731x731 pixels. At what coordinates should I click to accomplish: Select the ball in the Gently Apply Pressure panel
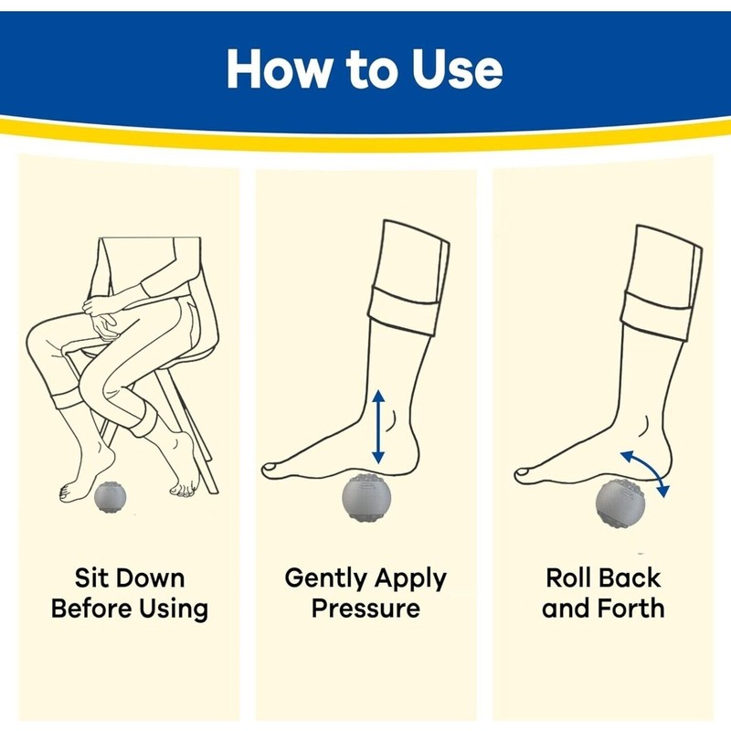(366, 500)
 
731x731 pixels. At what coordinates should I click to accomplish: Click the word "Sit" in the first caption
(92, 579)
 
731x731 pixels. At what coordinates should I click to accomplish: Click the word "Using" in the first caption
(175, 609)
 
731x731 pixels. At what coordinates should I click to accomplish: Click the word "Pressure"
(365, 609)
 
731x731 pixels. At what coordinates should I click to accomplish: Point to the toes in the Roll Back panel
(527, 472)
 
